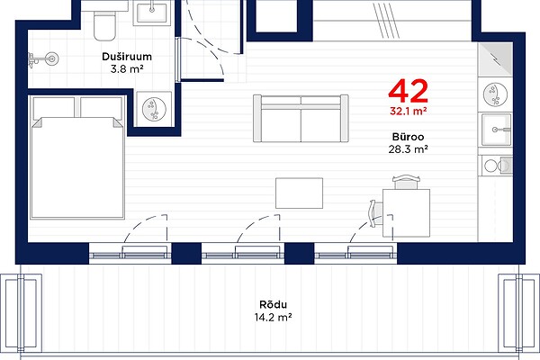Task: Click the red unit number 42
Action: pyautogui.click(x=408, y=91)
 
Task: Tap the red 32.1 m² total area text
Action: pyautogui.click(x=409, y=111)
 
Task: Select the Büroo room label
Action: pyautogui.click(x=408, y=137)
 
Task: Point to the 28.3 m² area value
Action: pyautogui.click(x=408, y=149)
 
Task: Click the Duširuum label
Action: pyautogui.click(x=127, y=57)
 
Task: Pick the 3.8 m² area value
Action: pyautogui.click(x=127, y=69)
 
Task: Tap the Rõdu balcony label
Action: pyautogui.click(x=273, y=304)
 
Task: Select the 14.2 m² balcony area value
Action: pyautogui.click(x=273, y=317)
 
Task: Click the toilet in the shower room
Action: pyautogui.click(x=104, y=25)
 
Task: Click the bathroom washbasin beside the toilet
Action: pyautogui.click(x=152, y=13)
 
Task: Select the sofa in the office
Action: pyautogui.click(x=301, y=118)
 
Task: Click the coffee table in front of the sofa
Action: pyautogui.click(x=300, y=193)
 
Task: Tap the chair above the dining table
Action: pyautogui.click(x=407, y=182)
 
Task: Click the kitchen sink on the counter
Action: pyautogui.click(x=496, y=130)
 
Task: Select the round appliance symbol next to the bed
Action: pyautogui.click(x=154, y=109)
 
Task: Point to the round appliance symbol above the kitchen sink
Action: pyautogui.click(x=495, y=94)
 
